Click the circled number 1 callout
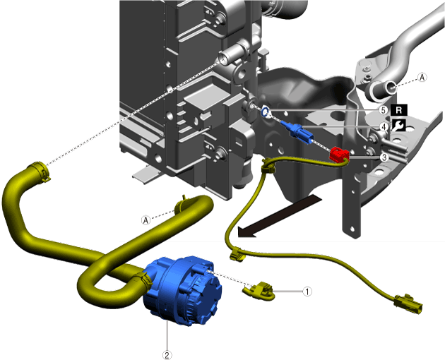click(x=307, y=292)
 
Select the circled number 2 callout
click(x=167, y=355)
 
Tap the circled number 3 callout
click(x=384, y=157)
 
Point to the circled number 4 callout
click(x=384, y=127)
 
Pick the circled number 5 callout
click(x=384, y=110)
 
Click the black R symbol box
click(x=399, y=110)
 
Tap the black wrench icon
click(x=399, y=125)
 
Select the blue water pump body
click(x=182, y=290)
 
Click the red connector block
click(x=339, y=155)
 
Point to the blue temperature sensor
click(x=296, y=131)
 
